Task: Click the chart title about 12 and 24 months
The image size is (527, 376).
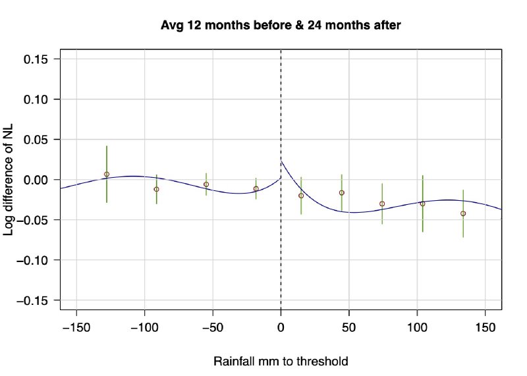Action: (281, 26)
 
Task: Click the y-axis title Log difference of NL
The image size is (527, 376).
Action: (9, 179)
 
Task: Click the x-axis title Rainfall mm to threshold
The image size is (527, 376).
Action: (281, 362)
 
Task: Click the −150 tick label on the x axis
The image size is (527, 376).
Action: (76, 327)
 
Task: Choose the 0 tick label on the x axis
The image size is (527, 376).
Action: (281, 327)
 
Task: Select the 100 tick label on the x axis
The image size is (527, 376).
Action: (417, 327)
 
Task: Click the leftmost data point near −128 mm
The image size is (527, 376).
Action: (107, 175)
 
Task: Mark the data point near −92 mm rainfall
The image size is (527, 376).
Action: (156, 189)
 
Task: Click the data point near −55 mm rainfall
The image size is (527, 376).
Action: (206, 184)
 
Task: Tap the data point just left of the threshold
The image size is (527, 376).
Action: (256, 188)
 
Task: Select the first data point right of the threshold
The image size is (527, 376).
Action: (301, 196)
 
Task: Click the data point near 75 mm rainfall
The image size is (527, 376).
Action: (382, 203)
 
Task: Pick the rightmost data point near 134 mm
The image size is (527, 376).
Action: (463, 213)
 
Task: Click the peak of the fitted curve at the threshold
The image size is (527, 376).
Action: (282, 161)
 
